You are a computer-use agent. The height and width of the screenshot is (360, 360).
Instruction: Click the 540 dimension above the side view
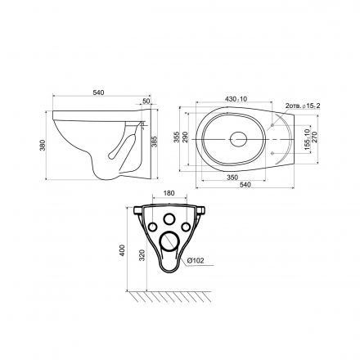(x=98, y=92)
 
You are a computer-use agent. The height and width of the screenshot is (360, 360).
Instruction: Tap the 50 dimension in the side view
(x=146, y=101)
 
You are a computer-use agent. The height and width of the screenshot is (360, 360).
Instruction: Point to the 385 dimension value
(x=155, y=142)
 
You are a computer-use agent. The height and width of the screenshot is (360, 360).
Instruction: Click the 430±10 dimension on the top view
(x=236, y=99)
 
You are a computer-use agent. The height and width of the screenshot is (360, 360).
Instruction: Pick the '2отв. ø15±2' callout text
(x=303, y=106)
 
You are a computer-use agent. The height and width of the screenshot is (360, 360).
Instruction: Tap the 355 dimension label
(x=177, y=137)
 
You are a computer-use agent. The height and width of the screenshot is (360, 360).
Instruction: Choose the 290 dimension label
(x=185, y=137)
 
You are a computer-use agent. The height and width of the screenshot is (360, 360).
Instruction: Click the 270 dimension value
(x=314, y=137)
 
